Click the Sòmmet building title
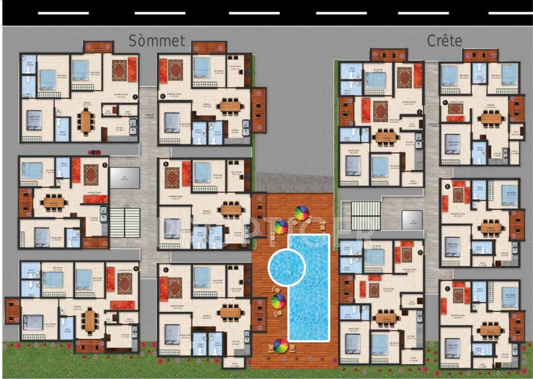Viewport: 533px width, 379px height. click(x=157, y=40)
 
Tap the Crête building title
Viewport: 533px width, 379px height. click(x=444, y=40)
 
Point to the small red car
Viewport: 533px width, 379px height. click(x=94, y=152)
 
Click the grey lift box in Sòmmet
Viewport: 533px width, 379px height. click(x=125, y=177)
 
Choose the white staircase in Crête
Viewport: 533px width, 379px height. click(x=365, y=216)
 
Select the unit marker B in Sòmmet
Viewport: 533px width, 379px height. click(x=165, y=163)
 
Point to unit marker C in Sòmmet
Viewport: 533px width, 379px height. click(x=165, y=269)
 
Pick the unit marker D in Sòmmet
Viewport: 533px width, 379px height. click(x=136, y=269)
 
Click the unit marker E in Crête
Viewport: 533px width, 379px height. click(x=419, y=112)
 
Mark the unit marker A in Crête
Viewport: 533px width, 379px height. click(x=445, y=103)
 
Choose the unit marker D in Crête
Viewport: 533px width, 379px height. click(x=420, y=253)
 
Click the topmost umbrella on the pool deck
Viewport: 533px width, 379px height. click(x=301, y=213)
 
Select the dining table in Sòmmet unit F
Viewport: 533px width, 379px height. click(x=86, y=122)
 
